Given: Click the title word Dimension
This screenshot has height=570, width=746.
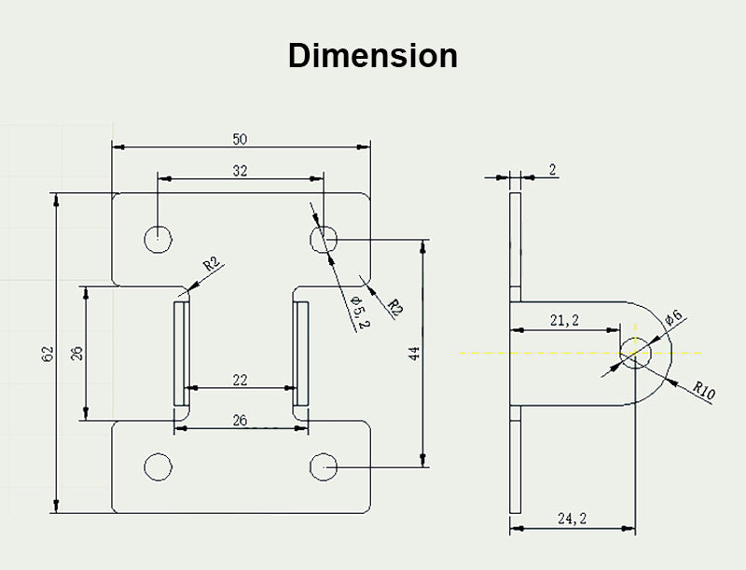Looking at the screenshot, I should coord(372,56).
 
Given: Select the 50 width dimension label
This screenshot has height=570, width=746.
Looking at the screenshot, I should coord(240,139).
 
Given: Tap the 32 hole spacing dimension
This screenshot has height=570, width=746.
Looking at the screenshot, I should coord(240,171).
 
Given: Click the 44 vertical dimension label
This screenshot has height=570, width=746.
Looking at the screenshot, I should coord(415,353).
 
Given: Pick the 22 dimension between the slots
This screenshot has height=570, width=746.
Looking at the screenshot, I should coord(240,380).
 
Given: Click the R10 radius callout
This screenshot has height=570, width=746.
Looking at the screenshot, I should coord(704,391).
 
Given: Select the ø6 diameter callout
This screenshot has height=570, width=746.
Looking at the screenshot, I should coord(674,317).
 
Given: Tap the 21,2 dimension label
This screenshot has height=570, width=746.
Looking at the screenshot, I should coord(563,320).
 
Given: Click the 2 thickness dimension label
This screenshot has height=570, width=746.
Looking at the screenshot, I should coord(552,169).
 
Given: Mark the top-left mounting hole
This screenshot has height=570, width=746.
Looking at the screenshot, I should coord(159,239).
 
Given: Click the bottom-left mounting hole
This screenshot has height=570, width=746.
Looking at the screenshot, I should coord(159,466).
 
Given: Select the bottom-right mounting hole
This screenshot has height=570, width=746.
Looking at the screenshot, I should coord(324,466).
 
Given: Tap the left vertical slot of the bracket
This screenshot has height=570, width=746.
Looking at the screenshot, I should coord(181,352).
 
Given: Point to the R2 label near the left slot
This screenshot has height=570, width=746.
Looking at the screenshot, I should coord(213,264).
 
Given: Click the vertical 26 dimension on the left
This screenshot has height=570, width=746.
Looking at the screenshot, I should coord(76,354).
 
